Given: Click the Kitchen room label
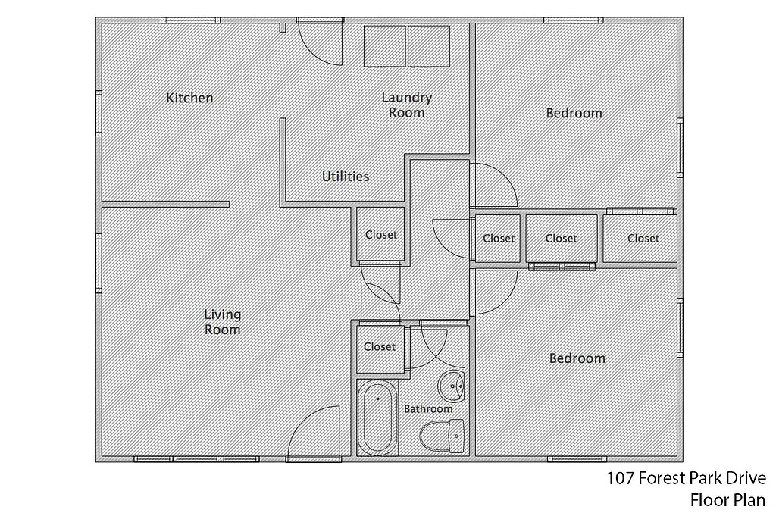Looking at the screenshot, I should [x=189, y=98].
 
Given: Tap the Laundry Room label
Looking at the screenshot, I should [x=407, y=105].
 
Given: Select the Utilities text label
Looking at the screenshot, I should [x=346, y=177].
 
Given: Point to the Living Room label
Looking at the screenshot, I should [x=222, y=322].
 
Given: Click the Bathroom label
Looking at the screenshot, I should [x=428, y=409].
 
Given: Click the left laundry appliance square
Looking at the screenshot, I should [x=385, y=46].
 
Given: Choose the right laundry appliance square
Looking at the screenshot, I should [x=429, y=46].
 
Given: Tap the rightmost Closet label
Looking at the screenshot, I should [x=643, y=239].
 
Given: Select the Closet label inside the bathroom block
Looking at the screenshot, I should [x=380, y=347].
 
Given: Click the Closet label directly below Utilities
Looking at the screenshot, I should [x=380, y=235].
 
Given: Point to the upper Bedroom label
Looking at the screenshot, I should [x=574, y=114].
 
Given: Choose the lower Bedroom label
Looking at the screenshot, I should [x=577, y=358].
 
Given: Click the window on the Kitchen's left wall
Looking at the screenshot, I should [x=99, y=113].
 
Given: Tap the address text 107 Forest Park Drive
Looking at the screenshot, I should [x=686, y=479].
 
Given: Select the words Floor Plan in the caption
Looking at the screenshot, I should [x=727, y=500].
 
